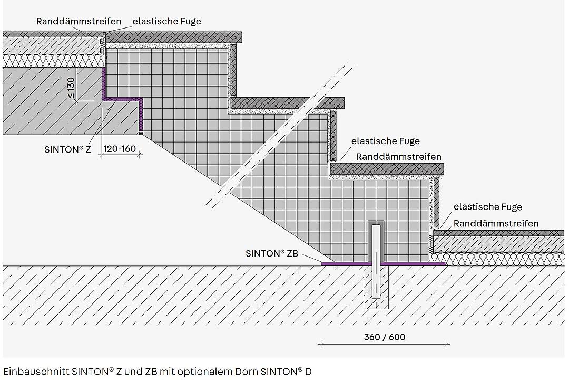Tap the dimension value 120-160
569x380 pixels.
(120, 149)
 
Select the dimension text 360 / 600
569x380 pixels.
(385, 337)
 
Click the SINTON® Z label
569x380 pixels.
(67, 149)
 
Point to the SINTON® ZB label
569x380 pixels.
(272, 253)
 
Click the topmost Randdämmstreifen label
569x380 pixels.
(79, 21)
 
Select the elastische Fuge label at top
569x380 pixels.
(166, 22)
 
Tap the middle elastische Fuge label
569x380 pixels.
(385, 141)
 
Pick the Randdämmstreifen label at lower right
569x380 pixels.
(496, 223)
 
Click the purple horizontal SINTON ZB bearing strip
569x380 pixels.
(383, 264)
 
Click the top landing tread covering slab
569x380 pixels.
(173, 37)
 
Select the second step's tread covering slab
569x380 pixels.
(288, 103)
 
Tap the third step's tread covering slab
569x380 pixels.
(387, 169)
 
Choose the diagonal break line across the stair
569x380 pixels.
(279, 135)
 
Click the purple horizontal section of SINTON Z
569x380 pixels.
(122, 99)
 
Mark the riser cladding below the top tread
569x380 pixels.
(233, 70)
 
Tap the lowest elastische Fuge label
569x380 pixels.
(488, 207)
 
